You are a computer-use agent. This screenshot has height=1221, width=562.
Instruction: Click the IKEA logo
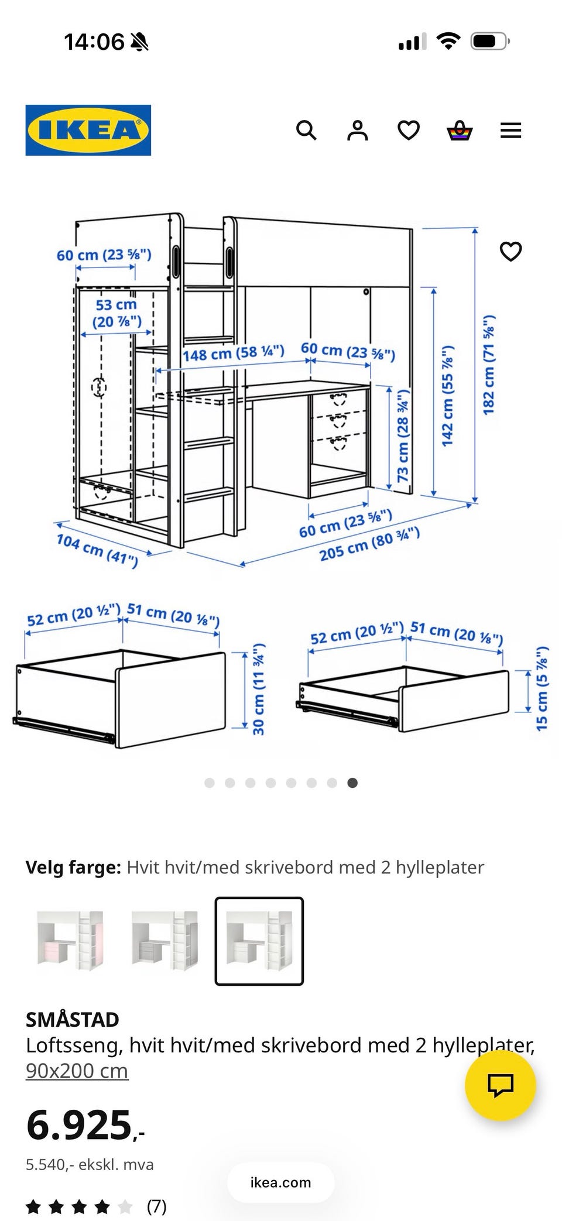click(x=88, y=130)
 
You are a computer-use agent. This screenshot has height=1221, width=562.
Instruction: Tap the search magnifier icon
click(x=306, y=130)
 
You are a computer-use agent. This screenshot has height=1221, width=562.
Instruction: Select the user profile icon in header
click(x=357, y=130)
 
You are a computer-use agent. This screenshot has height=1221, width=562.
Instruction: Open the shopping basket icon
click(x=460, y=130)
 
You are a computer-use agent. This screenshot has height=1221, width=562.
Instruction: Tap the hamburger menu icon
click(x=510, y=130)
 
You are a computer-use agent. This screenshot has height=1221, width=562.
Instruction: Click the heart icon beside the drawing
click(x=510, y=251)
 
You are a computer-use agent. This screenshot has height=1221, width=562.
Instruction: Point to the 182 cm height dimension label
click(x=489, y=365)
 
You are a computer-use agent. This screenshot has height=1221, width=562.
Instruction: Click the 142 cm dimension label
click(x=447, y=396)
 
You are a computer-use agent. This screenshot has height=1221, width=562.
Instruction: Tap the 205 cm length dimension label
click(x=369, y=544)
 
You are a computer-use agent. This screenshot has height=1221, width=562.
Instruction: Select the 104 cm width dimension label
click(x=97, y=550)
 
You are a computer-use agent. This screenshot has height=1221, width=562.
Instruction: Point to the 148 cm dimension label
click(x=233, y=353)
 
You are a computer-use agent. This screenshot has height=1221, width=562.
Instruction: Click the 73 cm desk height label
click(x=403, y=435)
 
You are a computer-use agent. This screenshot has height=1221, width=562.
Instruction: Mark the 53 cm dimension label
click(x=116, y=313)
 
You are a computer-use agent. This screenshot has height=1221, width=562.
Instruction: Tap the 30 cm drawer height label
click(x=258, y=689)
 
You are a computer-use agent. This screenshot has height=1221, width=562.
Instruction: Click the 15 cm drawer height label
click(x=542, y=688)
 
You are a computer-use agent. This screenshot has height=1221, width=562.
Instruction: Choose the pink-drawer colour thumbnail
click(x=70, y=941)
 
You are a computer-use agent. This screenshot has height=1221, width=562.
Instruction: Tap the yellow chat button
click(x=501, y=1085)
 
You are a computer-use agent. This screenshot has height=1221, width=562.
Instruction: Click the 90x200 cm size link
click(x=77, y=1071)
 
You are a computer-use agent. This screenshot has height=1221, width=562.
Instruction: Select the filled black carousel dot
click(x=352, y=783)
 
